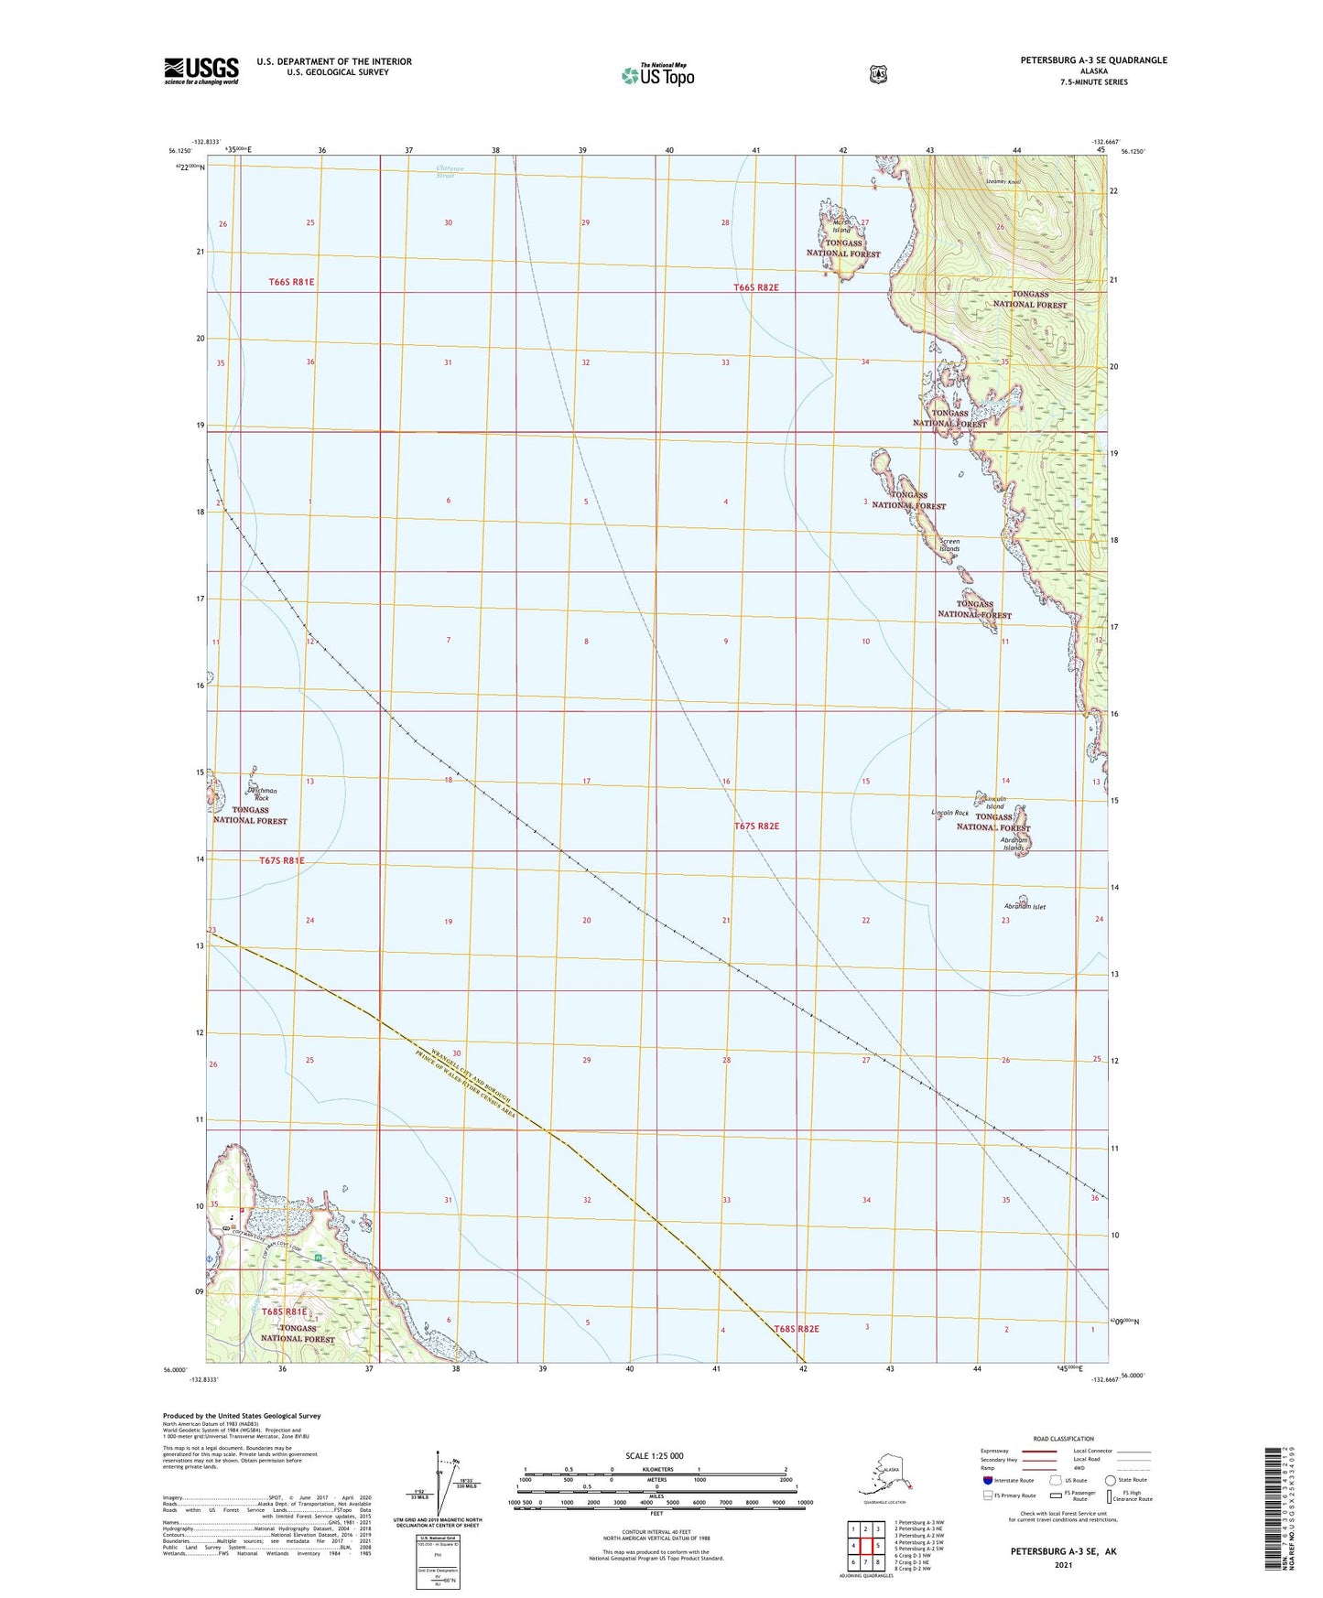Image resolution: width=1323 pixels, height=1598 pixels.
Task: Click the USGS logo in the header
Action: pos(201,70)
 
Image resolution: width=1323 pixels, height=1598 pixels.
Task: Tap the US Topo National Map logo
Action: pos(657,75)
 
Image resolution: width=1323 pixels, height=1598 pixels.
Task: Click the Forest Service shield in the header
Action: pos(878,74)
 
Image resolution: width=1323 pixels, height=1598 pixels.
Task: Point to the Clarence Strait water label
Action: pos(449,171)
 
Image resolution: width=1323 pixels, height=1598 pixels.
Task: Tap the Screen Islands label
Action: pos(949,545)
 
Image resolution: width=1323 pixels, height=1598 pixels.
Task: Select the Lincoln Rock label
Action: pos(949,813)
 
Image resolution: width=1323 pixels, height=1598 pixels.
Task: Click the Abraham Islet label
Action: pos(1025,906)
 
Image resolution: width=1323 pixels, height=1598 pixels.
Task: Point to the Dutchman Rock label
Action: pos(261,794)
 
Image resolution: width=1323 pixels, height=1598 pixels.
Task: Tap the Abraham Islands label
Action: pos(1014,844)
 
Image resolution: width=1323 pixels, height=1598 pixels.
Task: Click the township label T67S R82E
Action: pos(756,826)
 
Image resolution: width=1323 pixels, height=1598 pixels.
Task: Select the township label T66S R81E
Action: pos(291,282)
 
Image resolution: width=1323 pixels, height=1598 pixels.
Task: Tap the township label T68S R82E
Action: pos(796,1329)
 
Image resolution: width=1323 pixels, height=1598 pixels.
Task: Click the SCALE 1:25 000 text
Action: pos(654,1456)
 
